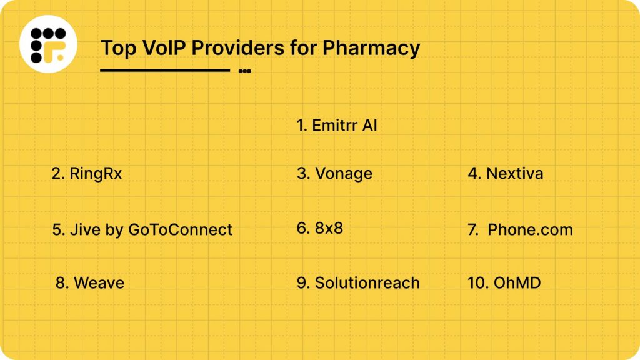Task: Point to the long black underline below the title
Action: (165, 70)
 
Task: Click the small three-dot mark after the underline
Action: (245, 71)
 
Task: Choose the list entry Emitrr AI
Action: (337, 126)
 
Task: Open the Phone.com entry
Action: (529, 230)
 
